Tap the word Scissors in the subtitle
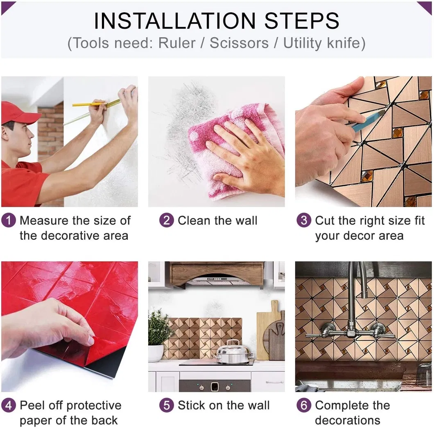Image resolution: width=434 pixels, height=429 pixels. pos(239,43)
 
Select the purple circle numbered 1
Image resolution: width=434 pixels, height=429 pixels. pos(9,221)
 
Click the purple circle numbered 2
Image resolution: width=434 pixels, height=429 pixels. pos(167,221)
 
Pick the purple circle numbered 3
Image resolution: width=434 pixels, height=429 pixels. pos(304,221)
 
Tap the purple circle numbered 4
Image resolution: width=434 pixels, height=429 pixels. pos(9,406)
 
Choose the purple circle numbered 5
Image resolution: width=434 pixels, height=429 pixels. pos(167,406)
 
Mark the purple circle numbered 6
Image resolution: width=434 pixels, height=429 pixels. pos(304,406)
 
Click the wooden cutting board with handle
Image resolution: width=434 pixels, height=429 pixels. pos(266,327)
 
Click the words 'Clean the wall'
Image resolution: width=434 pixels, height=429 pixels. pos(217,221)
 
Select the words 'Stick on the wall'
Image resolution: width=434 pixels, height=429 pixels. pos(223,406)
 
